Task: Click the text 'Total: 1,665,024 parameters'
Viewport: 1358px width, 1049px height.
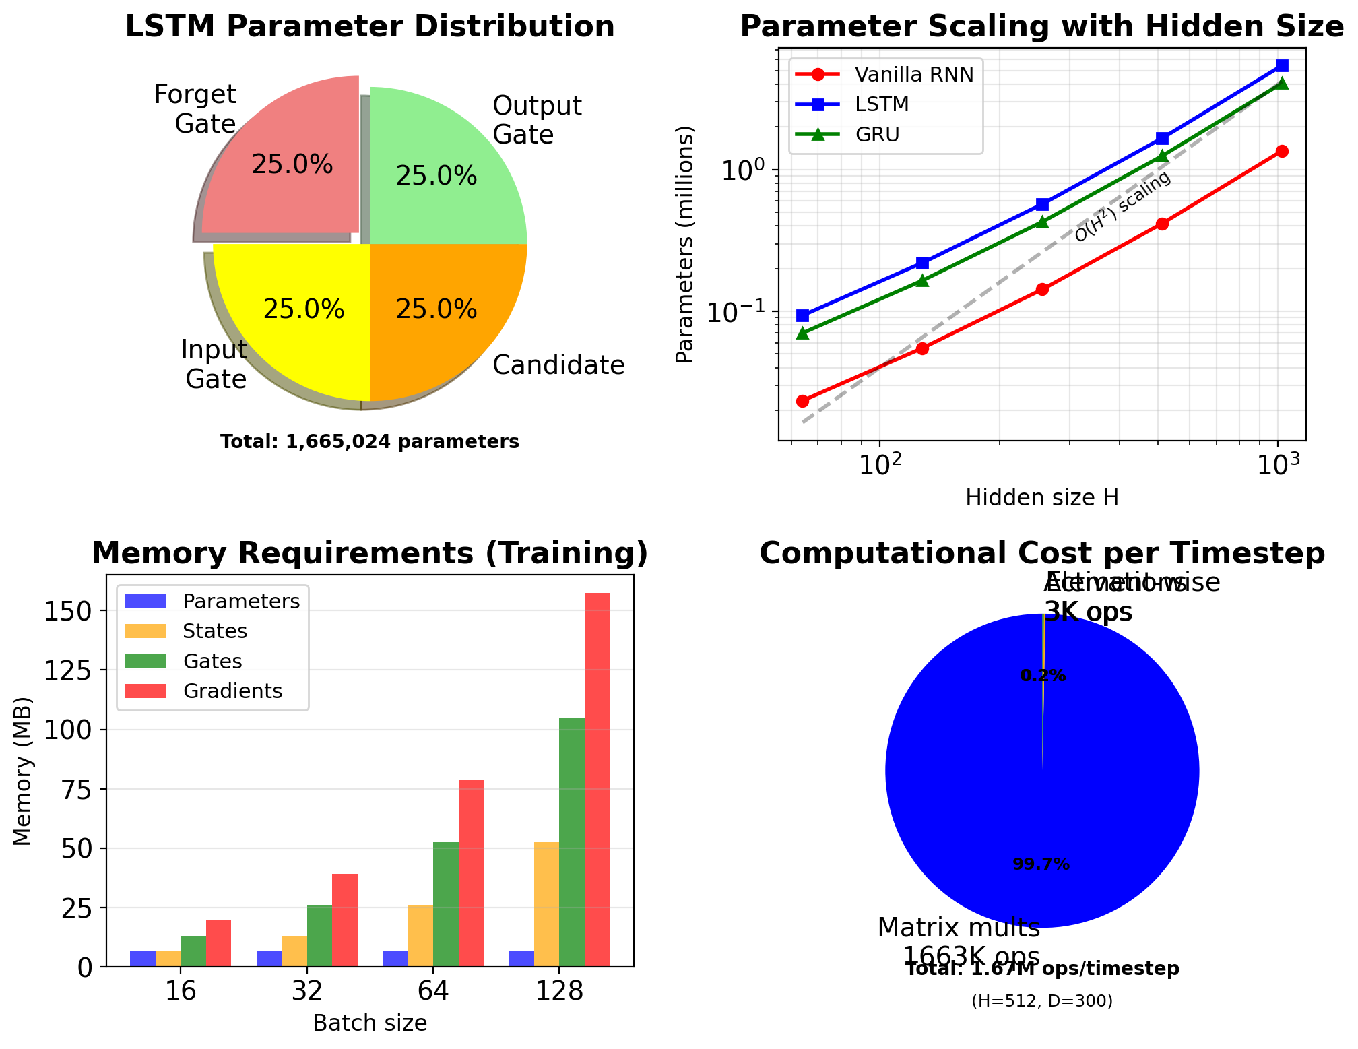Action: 370,442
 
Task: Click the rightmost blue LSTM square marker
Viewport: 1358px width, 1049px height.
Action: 1282,65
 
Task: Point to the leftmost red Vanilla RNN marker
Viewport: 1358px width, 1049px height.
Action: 802,402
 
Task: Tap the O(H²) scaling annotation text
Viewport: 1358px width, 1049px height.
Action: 1122,206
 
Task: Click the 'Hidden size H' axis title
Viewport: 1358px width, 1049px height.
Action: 1042,498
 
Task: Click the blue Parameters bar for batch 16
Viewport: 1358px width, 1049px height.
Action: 143,959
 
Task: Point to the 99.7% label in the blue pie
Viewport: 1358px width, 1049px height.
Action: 1041,864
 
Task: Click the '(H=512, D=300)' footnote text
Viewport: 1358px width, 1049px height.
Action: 1042,1002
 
